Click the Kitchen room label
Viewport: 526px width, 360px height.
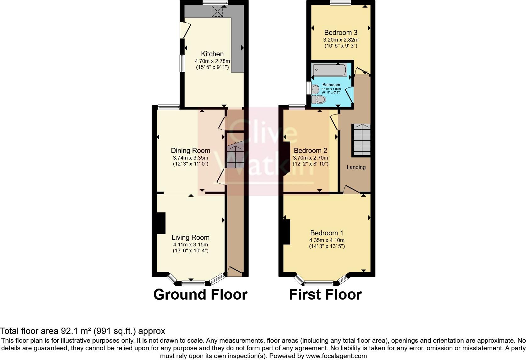(212, 54)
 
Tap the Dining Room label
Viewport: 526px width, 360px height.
(190, 150)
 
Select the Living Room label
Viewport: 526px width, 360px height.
(190, 237)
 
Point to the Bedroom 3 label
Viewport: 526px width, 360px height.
(341, 32)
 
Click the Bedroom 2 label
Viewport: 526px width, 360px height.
(310, 150)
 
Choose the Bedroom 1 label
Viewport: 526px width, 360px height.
(327, 233)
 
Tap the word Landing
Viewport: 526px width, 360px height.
(356, 167)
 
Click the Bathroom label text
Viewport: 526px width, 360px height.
(331, 85)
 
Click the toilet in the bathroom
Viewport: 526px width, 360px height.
(318, 99)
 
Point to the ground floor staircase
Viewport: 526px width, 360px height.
(235, 154)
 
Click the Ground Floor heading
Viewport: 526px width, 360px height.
(200, 295)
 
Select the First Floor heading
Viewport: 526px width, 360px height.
(325, 295)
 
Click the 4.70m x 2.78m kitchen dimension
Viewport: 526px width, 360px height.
(212, 61)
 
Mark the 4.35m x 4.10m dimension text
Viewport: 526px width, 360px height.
(327, 240)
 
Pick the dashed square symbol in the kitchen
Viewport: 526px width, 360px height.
(217, 12)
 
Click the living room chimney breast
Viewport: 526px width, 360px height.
(161, 223)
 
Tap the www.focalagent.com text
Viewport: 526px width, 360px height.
(336, 356)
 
